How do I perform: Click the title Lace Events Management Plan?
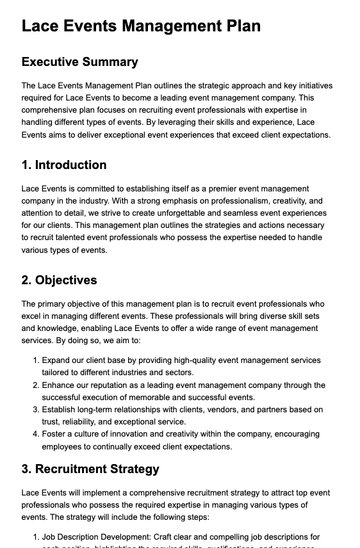point(141,26)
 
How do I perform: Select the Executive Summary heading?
point(79,62)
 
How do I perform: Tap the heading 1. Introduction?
point(64,165)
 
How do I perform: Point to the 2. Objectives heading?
point(59,280)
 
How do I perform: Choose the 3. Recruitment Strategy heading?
point(90,469)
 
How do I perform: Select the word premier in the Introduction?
point(216,189)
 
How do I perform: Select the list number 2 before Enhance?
point(36,385)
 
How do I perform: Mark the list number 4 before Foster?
point(36,434)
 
